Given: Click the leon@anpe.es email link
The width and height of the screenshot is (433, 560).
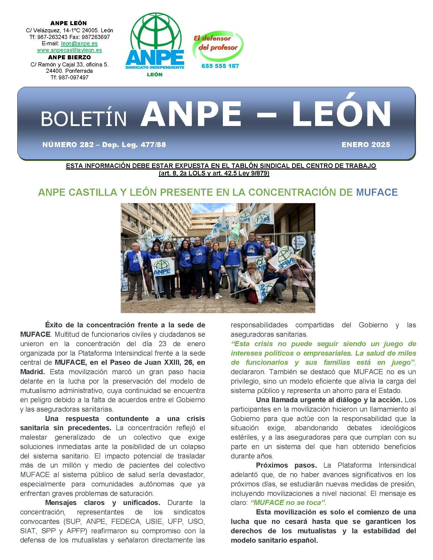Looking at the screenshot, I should [x=79, y=44].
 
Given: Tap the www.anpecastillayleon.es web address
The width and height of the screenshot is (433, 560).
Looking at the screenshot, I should [x=69, y=50].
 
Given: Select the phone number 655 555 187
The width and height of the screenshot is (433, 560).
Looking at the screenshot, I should [x=220, y=66].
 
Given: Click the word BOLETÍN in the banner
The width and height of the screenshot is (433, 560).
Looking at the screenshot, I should [x=84, y=119].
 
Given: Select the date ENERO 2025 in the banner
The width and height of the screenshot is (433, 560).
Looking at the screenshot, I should [x=366, y=145].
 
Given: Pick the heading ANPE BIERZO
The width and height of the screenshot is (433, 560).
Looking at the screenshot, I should [x=69, y=57].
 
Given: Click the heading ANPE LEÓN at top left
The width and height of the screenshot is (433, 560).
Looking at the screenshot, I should [x=69, y=23].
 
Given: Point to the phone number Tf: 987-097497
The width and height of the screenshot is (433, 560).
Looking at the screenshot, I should [x=69, y=77].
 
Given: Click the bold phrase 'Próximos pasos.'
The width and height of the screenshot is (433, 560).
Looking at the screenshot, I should [x=286, y=465].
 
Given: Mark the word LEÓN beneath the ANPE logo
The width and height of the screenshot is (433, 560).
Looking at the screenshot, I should [x=155, y=75].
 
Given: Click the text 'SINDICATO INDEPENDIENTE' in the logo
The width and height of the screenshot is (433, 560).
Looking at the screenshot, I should [x=155, y=67].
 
